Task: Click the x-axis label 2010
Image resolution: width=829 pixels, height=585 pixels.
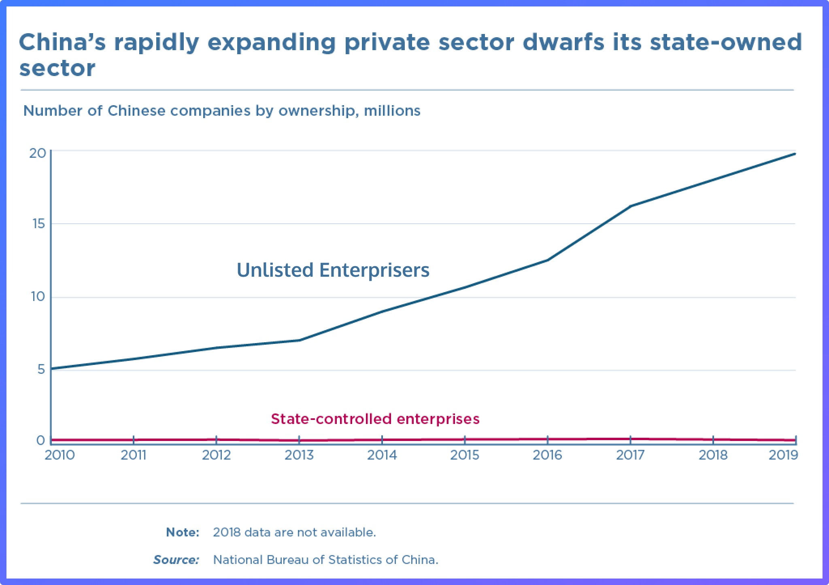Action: pyautogui.click(x=60, y=455)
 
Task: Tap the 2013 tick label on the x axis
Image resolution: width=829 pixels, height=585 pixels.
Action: pyautogui.click(x=299, y=455)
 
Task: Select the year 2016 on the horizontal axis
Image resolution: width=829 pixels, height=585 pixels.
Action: pyautogui.click(x=547, y=455)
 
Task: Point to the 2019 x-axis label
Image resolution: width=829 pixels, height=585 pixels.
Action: pyautogui.click(x=783, y=455)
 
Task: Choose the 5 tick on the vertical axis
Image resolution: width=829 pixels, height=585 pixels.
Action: pyautogui.click(x=41, y=370)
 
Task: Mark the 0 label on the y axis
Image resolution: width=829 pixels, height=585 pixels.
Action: pyautogui.click(x=40, y=440)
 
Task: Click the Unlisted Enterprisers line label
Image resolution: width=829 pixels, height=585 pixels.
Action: pyautogui.click(x=333, y=270)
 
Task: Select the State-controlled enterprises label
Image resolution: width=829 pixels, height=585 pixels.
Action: pyautogui.click(x=375, y=419)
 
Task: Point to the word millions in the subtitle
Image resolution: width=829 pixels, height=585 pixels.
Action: pyautogui.click(x=392, y=110)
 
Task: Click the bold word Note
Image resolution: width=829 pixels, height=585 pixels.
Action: pyautogui.click(x=183, y=532)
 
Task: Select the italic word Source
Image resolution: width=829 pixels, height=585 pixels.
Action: pyautogui.click(x=176, y=560)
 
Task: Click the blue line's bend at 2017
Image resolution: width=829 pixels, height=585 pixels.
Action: pyautogui.click(x=631, y=206)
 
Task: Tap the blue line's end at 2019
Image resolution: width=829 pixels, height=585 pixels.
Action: pyautogui.click(x=795, y=154)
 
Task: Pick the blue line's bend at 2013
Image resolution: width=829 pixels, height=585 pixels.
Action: pyautogui.click(x=299, y=340)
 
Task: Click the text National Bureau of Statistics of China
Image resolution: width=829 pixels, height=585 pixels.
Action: pyautogui.click(x=325, y=560)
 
